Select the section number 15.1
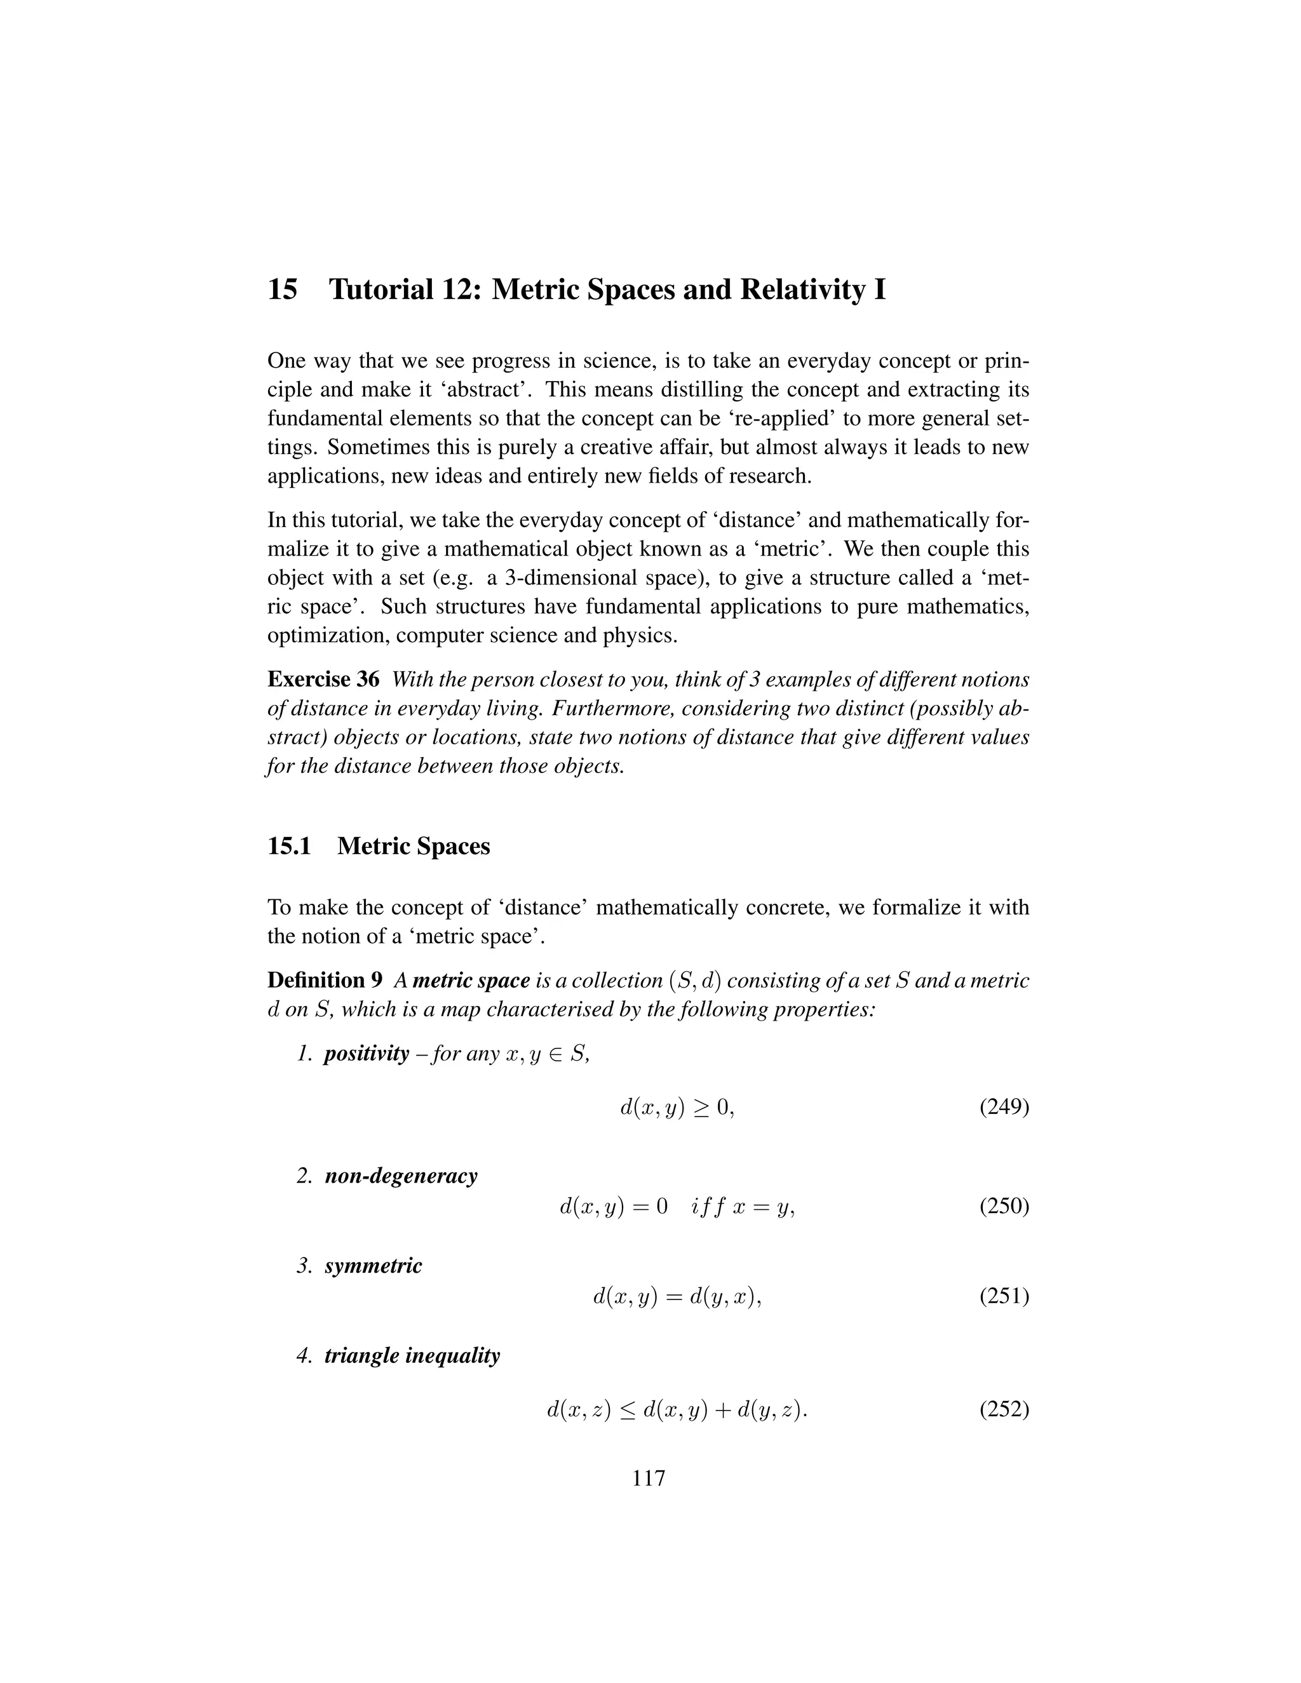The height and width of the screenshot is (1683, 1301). pyautogui.click(x=289, y=846)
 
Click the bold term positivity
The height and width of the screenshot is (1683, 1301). pyautogui.click(x=366, y=1054)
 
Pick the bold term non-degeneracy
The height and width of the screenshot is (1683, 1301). pyautogui.click(x=401, y=1176)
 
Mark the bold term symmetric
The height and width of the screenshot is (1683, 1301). pyautogui.click(x=373, y=1266)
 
